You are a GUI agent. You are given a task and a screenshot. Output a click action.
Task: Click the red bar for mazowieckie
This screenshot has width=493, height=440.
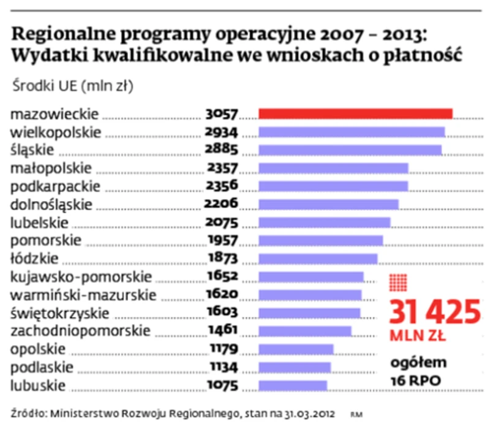(355, 113)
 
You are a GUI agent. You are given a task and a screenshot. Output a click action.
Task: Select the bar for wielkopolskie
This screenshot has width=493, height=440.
(352, 132)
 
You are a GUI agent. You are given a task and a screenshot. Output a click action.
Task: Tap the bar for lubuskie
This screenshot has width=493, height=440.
(293, 386)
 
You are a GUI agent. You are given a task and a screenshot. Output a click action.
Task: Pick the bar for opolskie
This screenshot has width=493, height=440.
(296, 349)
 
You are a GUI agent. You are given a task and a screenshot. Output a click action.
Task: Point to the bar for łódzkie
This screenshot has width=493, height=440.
(318, 258)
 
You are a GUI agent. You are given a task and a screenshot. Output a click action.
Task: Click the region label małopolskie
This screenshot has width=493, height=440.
(51, 168)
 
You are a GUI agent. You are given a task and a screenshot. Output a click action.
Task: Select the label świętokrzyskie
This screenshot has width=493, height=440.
(61, 314)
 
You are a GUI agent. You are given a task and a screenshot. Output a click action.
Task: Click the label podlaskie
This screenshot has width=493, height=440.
(42, 368)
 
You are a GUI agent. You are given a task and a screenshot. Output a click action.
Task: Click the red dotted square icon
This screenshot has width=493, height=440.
(399, 283)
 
